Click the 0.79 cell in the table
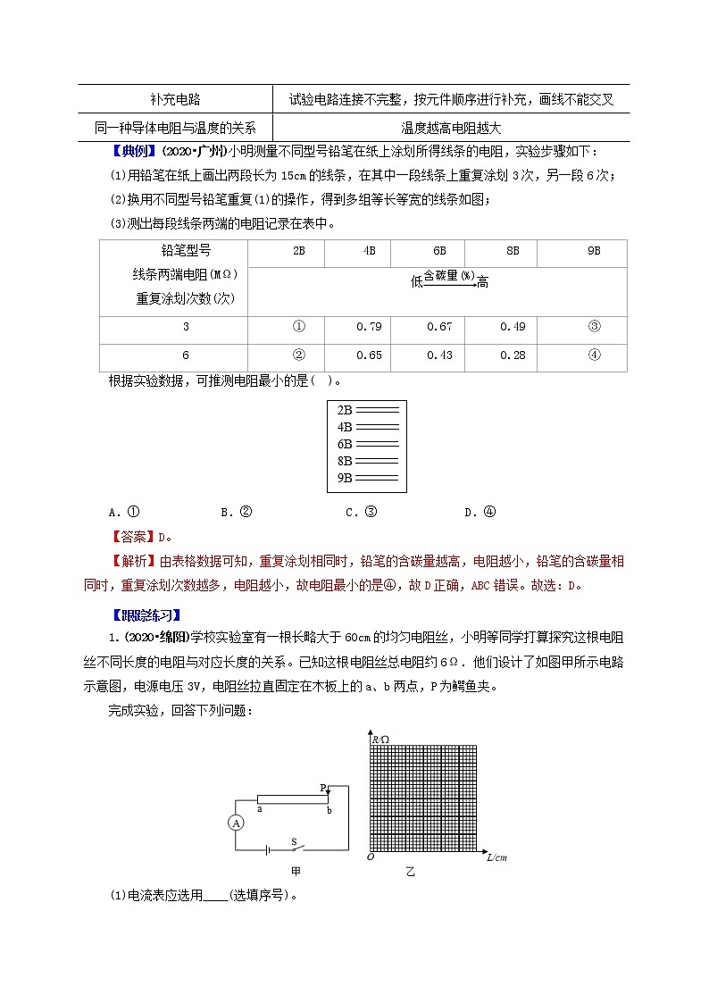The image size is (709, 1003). coord(369,326)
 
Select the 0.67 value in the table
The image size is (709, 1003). coord(440,326)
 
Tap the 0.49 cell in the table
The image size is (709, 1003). coord(513,326)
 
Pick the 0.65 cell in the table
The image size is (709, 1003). coord(369,355)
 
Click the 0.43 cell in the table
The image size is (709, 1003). coord(440,355)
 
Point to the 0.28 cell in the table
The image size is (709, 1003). coord(513,355)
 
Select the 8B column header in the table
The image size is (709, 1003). coord(513,252)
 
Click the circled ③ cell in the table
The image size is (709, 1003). coord(594,326)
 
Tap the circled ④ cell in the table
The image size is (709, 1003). coord(594,355)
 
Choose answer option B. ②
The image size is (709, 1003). coord(237,512)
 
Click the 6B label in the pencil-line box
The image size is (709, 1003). coord(345,444)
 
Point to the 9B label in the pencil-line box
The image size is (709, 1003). coord(345,478)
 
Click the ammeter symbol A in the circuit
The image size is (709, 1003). coord(236,823)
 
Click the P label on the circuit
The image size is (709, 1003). coord(323,788)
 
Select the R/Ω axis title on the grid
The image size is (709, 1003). coord(380,739)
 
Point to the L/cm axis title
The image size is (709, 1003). coord(496,857)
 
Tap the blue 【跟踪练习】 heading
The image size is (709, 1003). coord(144,614)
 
